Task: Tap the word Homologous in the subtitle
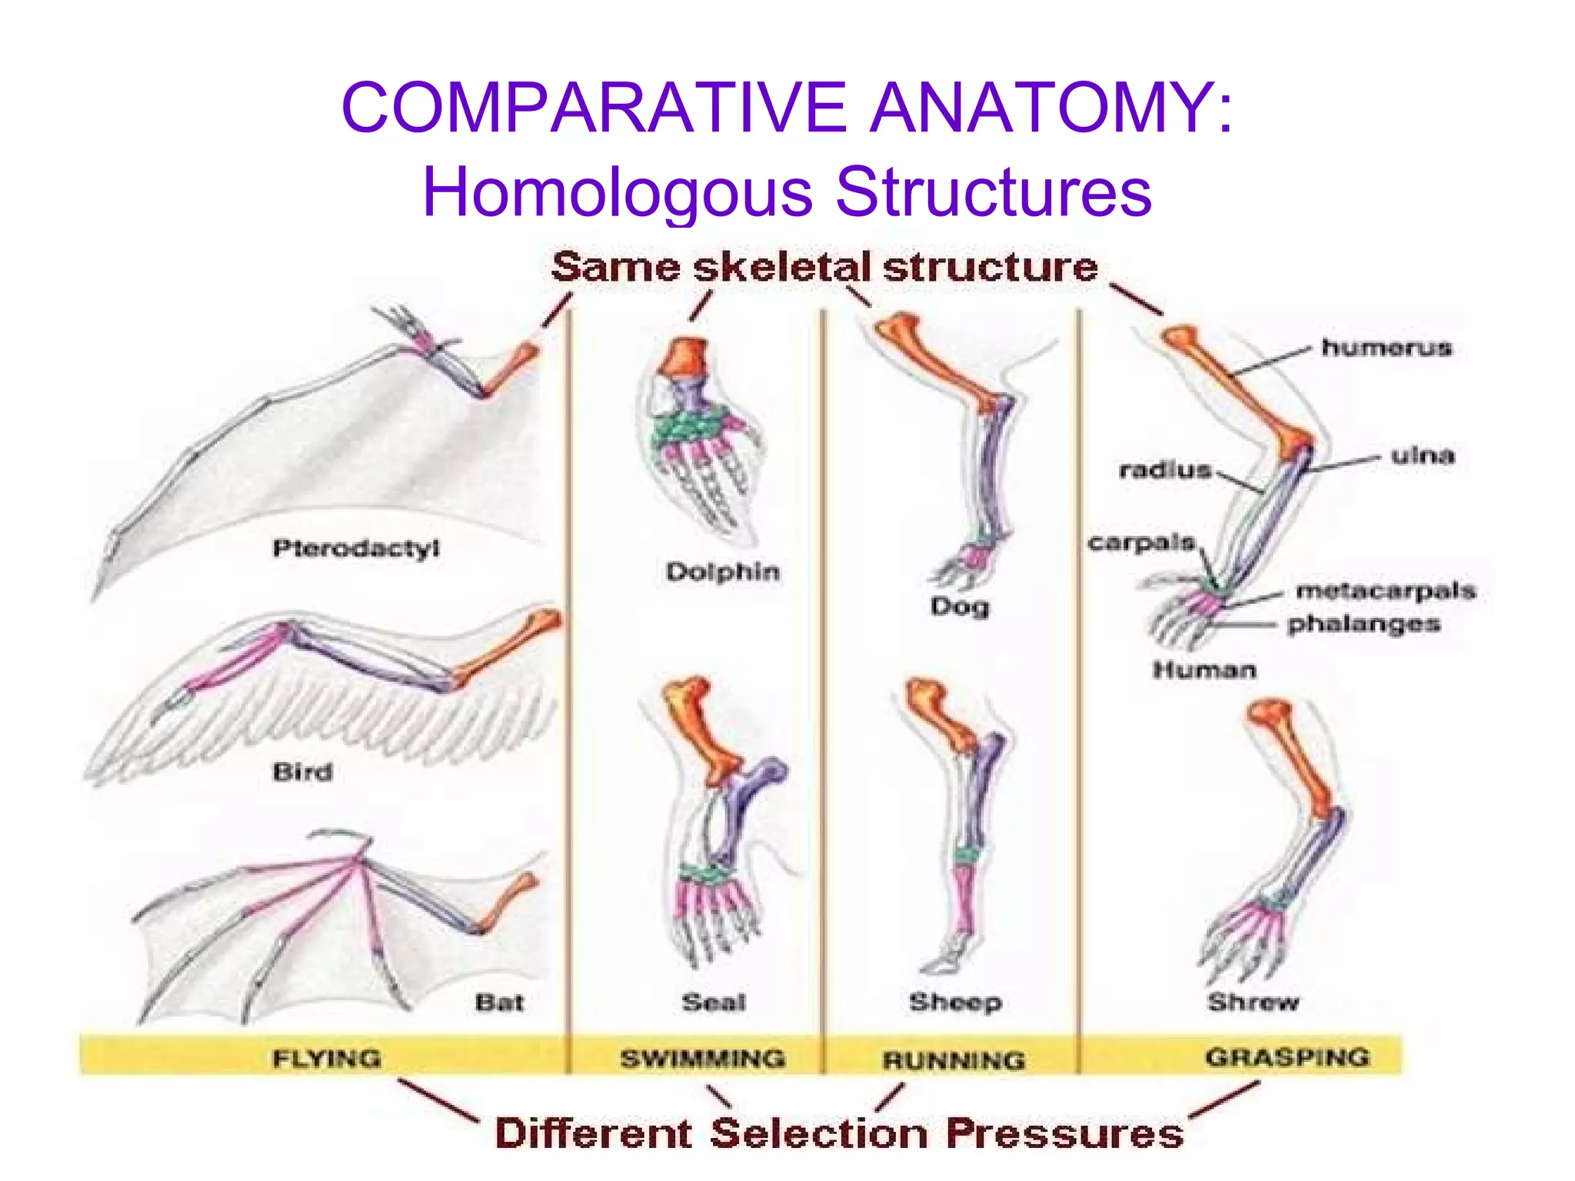[x=617, y=192]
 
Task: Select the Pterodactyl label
[x=356, y=548]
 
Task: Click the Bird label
[x=302, y=771]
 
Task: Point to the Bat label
[x=499, y=1002]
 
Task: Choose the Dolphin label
[x=723, y=571]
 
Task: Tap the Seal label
[x=714, y=1002]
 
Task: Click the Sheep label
[x=955, y=1002]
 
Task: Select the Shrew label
[x=1253, y=1002]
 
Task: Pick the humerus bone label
[x=1387, y=348]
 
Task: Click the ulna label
[x=1423, y=455]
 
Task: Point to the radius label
[x=1165, y=470]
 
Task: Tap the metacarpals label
[x=1386, y=590]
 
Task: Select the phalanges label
[x=1364, y=624]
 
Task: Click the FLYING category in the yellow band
[x=327, y=1058]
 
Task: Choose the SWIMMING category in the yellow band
[x=703, y=1058]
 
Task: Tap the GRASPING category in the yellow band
[x=1287, y=1057]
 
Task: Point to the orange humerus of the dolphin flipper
[x=684, y=358]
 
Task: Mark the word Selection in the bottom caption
[x=818, y=1133]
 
